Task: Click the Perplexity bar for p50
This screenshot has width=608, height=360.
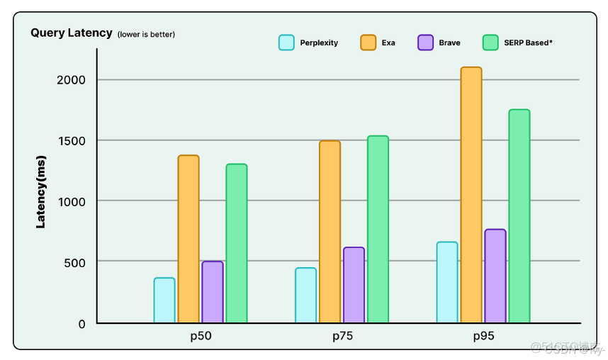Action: click(x=164, y=300)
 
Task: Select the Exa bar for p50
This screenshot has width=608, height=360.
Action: click(x=188, y=240)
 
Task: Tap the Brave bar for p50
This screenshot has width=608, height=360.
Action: click(x=213, y=292)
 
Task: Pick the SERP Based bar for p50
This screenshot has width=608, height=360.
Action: click(x=237, y=244)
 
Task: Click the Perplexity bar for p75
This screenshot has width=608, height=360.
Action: click(x=306, y=296)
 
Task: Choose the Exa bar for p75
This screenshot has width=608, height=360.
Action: click(x=330, y=232)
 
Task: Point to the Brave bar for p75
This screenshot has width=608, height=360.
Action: click(x=354, y=286)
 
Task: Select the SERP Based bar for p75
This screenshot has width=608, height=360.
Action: click(x=378, y=230)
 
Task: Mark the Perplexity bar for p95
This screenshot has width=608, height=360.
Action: click(x=447, y=283)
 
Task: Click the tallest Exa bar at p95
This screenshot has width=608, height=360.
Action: click(x=471, y=196)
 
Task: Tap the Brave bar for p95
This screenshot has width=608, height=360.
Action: click(x=495, y=276)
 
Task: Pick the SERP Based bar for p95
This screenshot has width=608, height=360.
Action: click(x=519, y=216)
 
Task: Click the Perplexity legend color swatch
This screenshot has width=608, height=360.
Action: click(x=286, y=43)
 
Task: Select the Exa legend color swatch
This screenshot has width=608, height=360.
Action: click(x=368, y=43)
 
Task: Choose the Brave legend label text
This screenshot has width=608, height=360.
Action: click(x=449, y=43)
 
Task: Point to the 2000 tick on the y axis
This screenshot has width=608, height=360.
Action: click(x=72, y=79)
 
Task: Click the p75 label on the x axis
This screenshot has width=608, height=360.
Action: click(x=342, y=337)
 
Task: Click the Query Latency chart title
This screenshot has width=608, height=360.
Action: click(x=72, y=33)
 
